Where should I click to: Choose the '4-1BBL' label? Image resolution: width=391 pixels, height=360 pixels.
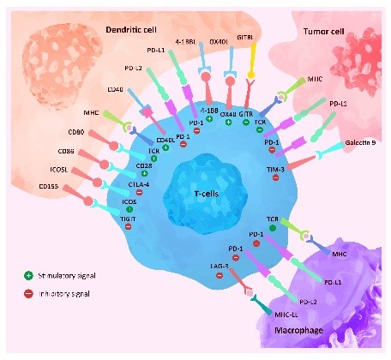click(x=185, y=40)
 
